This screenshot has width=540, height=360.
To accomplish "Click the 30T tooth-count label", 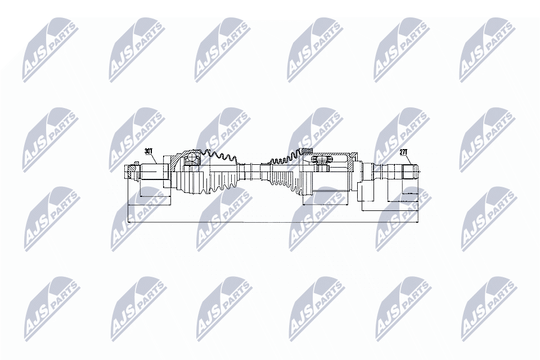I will [149, 151].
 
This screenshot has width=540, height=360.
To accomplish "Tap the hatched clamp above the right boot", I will [307, 150].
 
